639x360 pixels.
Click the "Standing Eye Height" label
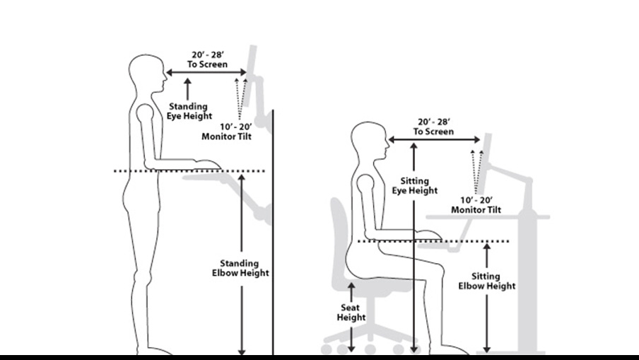(x=187, y=111)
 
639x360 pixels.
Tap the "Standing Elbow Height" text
(x=240, y=268)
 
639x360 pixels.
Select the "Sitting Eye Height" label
(x=414, y=185)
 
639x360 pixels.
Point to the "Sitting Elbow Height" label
(x=487, y=281)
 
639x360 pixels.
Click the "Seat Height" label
(x=351, y=312)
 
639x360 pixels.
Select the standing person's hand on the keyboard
(x=207, y=165)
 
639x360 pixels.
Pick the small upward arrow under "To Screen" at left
(x=187, y=88)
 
